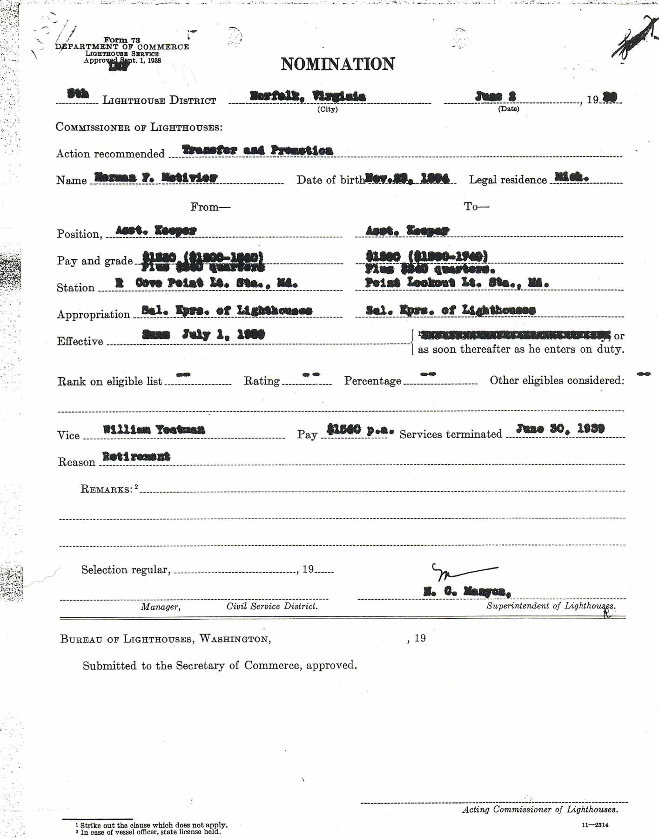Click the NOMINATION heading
pyautogui.click(x=338, y=64)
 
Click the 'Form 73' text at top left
pyautogui.click(x=122, y=40)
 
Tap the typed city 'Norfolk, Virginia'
pyautogui.click(x=308, y=96)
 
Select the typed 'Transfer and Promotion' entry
pyautogui.click(x=257, y=150)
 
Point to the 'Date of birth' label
pyautogui.click(x=330, y=180)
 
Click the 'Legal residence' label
pyautogui.click(x=508, y=180)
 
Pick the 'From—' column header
pyautogui.click(x=210, y=207)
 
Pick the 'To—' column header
pyautogui.click(x=476, y=206)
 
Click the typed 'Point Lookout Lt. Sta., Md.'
pyautogui.click(x=457, y=282)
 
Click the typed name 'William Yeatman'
pyautogui.click(x=154, y=429)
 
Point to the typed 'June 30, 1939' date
pyautogui.click(x=560, y=428)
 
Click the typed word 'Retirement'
pyautogui.click(x=136, y=456)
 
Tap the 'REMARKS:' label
pyautogui.click(x=107, y=489)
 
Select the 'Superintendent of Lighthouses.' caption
pyautogui.click(x=551, y=606)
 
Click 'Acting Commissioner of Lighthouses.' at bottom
pyautogui.click(x=540, y=810)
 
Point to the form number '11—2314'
pyautogui.click(x=595, y=825)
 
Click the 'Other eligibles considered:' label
pyautogui.click(x=557, y=380)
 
